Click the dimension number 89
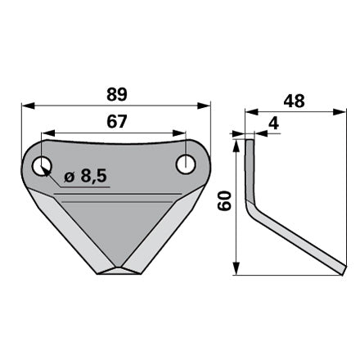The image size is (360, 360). point(117,95)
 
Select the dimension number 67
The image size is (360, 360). point(117,122)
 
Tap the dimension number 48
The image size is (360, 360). point(294,101)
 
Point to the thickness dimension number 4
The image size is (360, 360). point(273,124)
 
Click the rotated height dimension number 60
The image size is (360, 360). point(224,201)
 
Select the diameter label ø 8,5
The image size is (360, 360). point(85,177)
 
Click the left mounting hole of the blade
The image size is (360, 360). point(42,166)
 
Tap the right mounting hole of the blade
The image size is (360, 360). point(186,164)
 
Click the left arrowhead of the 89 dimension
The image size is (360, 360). point(28,106)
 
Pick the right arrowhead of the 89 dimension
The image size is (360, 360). point(204,106)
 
